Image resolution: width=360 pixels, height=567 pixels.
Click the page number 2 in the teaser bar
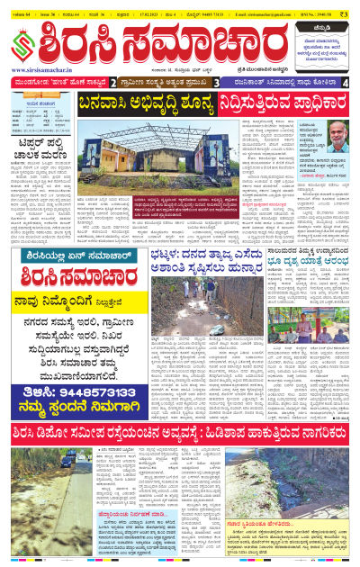click(x=113, y=82)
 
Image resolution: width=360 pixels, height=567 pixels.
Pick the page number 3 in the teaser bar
click(x=217, y=82)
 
